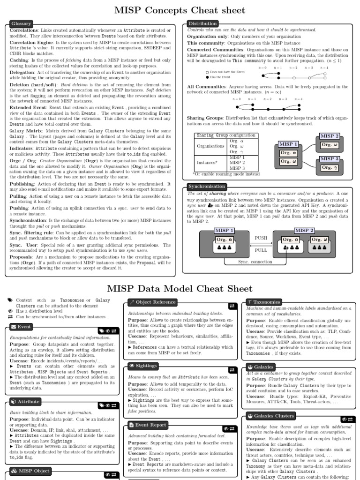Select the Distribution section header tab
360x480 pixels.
click(x=202, y=23)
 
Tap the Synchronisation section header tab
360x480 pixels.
click(x=207, y=186)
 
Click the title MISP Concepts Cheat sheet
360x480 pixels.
click(x=180, y=10)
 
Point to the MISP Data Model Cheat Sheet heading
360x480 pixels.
click(x=180, y=288)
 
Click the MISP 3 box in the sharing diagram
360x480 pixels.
click(x=330, y=159)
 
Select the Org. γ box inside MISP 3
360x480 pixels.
click(x=330, y=167)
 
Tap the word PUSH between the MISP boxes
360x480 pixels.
click(x=261, y=239)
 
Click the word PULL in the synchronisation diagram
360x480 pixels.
click(x=261, y=250)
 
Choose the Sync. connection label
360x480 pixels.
click(x=255, y=262)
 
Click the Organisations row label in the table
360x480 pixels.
click(x=211, y=146)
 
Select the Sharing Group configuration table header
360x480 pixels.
click(x=226, y=135)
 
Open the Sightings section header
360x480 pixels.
click(x=143, y=366)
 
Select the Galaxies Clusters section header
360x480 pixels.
click(x=270, y=416)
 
